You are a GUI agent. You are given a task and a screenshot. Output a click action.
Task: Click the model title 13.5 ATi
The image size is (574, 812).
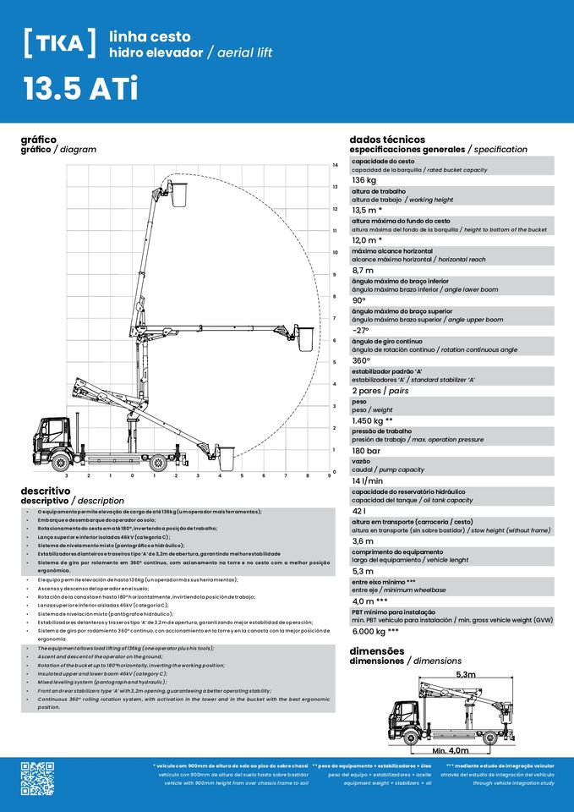pos(80,91)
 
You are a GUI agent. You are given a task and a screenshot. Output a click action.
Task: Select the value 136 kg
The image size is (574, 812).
pos(364,180)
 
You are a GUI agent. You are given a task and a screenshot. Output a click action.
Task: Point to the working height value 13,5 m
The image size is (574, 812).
pos(367,210)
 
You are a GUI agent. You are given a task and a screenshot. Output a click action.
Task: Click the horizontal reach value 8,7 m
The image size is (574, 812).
pos(363,270)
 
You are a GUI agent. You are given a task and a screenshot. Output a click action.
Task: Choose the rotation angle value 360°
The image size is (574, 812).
pos(363,360)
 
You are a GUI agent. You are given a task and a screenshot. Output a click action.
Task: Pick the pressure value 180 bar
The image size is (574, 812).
pos(366,451)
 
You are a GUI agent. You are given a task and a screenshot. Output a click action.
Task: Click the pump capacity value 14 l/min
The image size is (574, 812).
pos(368,481)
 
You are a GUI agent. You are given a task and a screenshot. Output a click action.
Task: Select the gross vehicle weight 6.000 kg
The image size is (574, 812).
pos(375,631)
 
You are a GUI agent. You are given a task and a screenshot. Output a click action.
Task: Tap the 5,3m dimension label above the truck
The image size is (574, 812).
pos(466,674)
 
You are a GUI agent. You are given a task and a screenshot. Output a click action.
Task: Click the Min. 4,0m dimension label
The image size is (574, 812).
pos(451,750)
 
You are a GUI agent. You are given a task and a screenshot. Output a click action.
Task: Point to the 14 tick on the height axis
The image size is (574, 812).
pos(336,165)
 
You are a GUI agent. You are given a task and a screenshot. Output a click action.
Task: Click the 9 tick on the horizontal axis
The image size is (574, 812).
pos(329,475)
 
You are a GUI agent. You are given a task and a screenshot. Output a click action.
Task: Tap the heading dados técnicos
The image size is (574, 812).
pos(387,140)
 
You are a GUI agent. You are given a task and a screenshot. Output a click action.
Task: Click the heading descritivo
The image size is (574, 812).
pos(45,491)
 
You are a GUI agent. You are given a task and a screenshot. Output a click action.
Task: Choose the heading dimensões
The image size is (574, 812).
pos(379,651)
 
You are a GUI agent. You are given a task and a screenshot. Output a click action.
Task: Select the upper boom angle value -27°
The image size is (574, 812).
pos(361,331)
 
